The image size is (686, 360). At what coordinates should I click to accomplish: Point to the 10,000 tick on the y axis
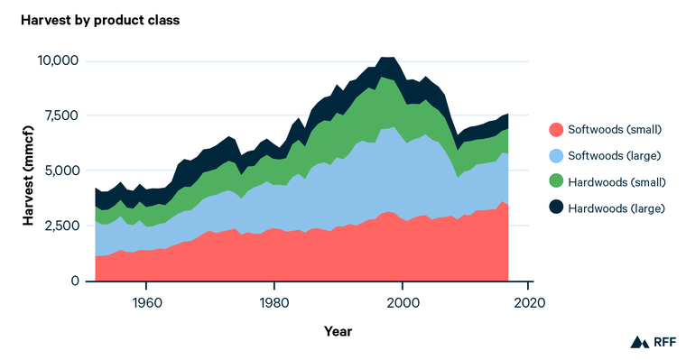tap(58, 60)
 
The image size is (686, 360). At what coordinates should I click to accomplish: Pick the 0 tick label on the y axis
tap(76, 281)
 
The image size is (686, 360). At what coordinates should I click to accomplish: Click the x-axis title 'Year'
tap(338, 331)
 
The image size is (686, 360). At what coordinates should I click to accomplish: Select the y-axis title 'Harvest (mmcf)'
tap(27, 171)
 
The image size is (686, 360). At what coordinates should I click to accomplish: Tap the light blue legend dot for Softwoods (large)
tap(557, 156)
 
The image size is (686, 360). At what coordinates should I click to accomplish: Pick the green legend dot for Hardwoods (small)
tap(557, 182)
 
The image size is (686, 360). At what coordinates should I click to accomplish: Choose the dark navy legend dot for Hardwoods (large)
tap(557, 208)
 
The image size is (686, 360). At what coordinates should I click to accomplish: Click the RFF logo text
tap(664, 342)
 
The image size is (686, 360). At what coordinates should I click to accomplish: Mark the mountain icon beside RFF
tap(639, 342)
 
